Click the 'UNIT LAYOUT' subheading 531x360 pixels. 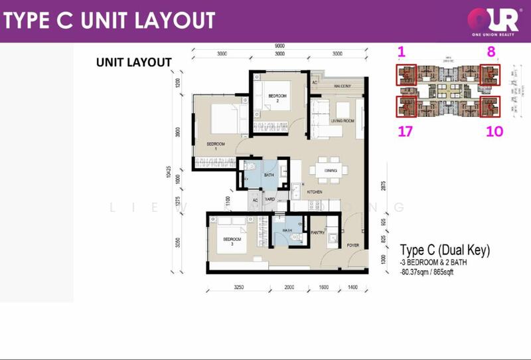pyautogui.click(x=134, y=62)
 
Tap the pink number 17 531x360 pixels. pyautogui.click(x=405, y=132)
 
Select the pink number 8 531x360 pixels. pyautogui.click(x=492, y=51)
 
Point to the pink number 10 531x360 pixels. pyautogui.click(x=494, y=132)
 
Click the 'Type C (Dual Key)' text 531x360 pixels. pyautogui.click(x=445, y=250)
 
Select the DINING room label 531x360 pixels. pyautogui.click(x=331, y=171)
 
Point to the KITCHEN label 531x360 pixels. pyautogui.click(x=315, y=193)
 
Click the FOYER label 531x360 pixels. pyautogui.click(x=352, y=245)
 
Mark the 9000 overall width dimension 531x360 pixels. pyautogui.click(x=279, y=46)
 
